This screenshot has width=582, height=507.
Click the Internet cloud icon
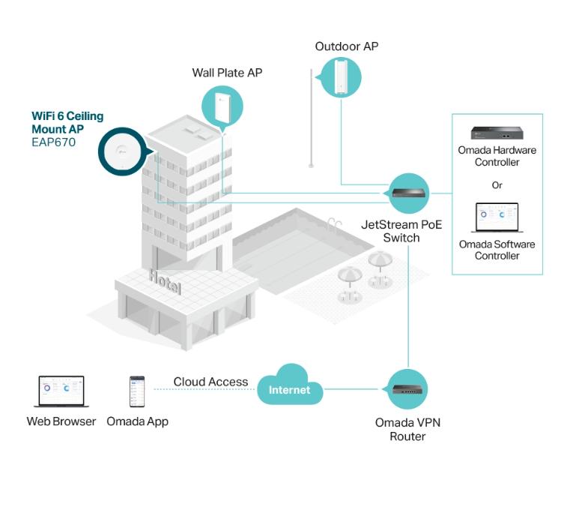tap(289, 388)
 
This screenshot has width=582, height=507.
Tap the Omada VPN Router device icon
tap(407, 389)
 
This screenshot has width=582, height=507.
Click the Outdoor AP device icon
tap(341, 76)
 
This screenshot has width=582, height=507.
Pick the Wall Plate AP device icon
tap(222, 107)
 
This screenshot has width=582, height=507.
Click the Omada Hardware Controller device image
tap(497, 133)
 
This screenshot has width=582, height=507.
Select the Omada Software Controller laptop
tap(497, 218)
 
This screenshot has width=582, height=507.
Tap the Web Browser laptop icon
tap(61, 392)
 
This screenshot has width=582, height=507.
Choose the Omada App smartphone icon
tap(137, 392)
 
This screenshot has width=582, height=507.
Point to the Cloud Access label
tap(210, 382)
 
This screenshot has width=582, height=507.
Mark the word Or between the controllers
tap(497, 184)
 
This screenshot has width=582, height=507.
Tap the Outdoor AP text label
tap(346, 46)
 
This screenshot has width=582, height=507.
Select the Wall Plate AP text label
tap(227, 73)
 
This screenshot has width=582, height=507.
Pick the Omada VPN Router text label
tap(407, 429)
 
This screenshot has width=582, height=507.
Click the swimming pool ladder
tap(333, 223)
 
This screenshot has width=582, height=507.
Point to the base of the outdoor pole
tap(312, 166)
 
